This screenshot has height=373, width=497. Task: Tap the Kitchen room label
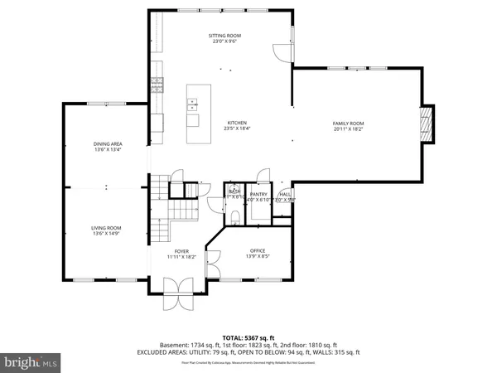point(238,122)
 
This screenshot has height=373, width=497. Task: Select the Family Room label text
point(348,122)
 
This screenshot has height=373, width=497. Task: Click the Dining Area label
point(107,144)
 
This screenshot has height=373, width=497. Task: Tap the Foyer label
point(181,250)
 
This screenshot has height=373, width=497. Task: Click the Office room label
point(259,250)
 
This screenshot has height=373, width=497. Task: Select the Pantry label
point(259,193)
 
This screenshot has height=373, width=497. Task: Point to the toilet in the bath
point(235,216)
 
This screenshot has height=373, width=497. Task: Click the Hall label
point(285,193)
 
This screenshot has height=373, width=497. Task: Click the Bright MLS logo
point(31,361)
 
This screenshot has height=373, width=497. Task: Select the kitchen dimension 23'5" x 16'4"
point(238,128)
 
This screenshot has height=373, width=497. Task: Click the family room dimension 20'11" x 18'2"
point(348,128)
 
